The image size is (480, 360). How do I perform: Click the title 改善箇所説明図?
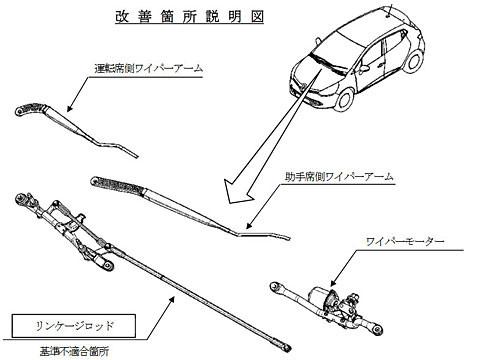[189, 17]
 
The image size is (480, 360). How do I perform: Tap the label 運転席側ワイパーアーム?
[149, 68]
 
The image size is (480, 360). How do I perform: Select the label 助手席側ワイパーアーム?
[339, 176]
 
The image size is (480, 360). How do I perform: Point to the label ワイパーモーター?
[405, 241]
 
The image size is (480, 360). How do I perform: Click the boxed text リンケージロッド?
[74, 326]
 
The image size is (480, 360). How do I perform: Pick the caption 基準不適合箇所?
[74, 351]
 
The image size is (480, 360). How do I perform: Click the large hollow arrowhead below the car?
[238, 192]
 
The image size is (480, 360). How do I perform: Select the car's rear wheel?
[413, 61]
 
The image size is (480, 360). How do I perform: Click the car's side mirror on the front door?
[364, 68]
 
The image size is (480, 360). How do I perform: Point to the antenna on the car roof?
[390, 9]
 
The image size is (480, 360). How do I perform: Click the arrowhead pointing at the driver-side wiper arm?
[70, 107]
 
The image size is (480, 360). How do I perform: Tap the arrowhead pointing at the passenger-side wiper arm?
[250, 225]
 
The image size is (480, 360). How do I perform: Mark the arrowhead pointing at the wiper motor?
[334, 282]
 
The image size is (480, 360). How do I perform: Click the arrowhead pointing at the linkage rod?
[171, 300]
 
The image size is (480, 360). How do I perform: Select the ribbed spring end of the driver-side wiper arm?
[31, 109]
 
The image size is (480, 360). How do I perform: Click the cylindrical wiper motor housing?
[319, 294]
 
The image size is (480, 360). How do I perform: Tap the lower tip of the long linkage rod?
[289, 348]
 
